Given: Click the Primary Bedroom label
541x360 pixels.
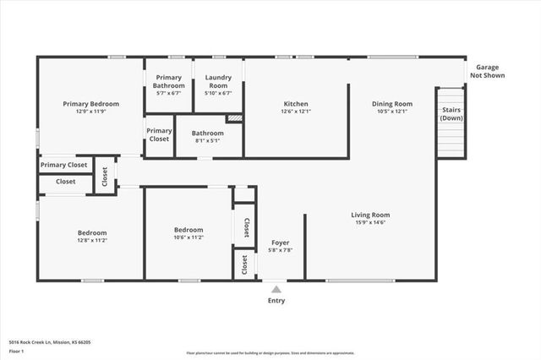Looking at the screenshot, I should coord(90,104).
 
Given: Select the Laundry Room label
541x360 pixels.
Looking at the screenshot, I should coord(218,82).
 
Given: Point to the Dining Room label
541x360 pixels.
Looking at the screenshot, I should coord(391,104).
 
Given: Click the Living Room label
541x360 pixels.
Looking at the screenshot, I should coord(370,215).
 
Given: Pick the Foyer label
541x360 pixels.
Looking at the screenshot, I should coord(280,242).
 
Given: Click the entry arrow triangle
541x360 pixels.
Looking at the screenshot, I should coord(276,289).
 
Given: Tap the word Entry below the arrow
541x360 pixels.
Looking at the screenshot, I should coord(276,301).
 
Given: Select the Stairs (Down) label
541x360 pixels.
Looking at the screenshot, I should coord(451,114).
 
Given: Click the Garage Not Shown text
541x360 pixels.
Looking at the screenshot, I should coord(488,71).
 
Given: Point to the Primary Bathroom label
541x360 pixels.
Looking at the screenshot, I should coord(169,82).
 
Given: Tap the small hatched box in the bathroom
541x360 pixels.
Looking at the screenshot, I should coord(234,118).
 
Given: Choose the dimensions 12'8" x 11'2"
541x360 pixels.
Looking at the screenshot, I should coord(92,240).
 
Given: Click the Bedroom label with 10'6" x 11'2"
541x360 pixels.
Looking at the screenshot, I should coord(189,230).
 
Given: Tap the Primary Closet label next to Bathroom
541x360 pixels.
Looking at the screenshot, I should coord(159,134).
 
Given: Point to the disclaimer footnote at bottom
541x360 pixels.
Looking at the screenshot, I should coord(270,353).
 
